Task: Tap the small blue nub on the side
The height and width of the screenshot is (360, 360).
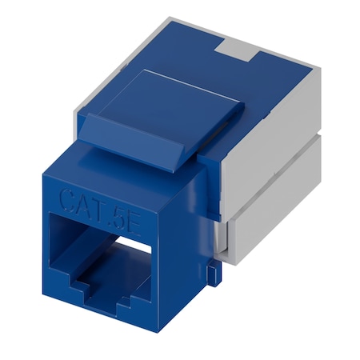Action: click(211, 272)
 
